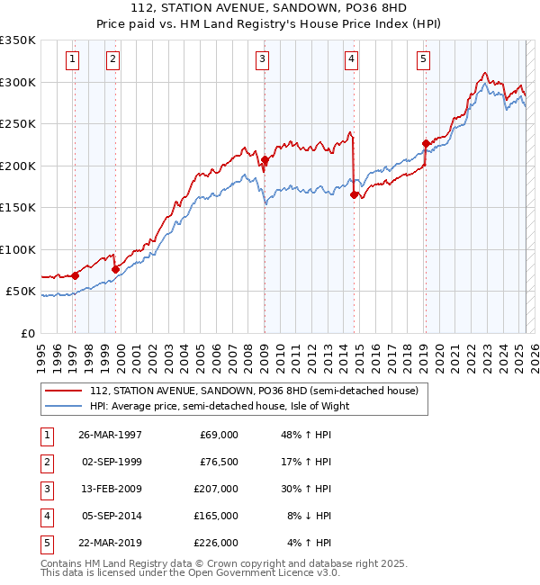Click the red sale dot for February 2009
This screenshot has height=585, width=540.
click(265, 160)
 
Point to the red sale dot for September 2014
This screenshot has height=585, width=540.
click(354, 194)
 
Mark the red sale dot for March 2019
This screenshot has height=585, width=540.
click(426, 143)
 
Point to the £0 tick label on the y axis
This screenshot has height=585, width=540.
click(26, 334)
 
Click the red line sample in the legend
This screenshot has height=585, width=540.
click(63, 391)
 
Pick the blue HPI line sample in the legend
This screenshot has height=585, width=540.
click(63, 406)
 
